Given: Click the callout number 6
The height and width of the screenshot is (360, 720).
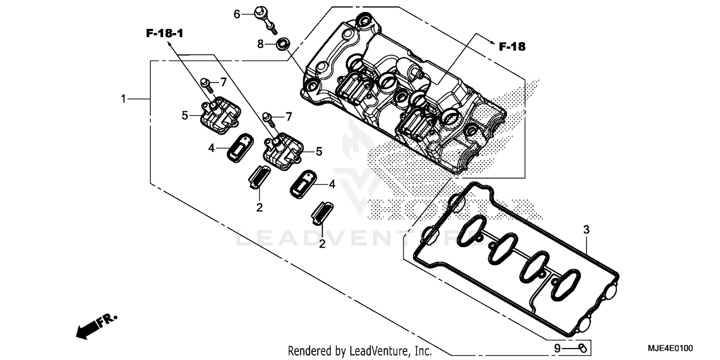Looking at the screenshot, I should click(x=237, y=14).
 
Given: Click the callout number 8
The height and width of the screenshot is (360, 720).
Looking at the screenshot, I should click(x=261, y=44).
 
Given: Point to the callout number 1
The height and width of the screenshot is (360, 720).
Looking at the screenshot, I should click(x=123, y=99).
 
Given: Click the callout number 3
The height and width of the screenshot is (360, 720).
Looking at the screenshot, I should click(x=586, y=230).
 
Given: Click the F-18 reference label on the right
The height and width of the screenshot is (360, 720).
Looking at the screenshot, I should click(x=512, y=47).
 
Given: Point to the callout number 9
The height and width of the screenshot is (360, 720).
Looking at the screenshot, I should click(x=557, y=348).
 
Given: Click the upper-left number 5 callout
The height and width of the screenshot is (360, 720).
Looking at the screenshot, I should click(x=185, y=116).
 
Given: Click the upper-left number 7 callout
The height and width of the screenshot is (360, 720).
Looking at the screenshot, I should click(x=223, y=83).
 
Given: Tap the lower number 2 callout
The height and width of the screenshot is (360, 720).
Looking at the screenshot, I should click(x=322, y=244).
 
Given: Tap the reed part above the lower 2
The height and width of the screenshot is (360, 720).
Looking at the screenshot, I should click(x=321, y=212).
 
